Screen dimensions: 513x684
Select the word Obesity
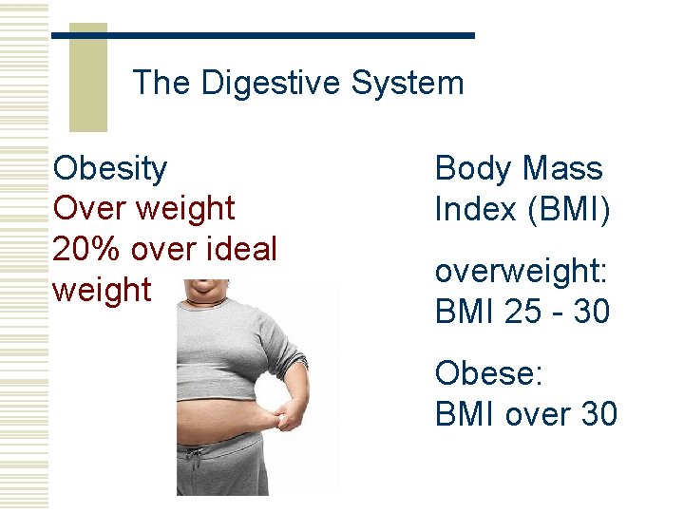(x=110, y=169)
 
